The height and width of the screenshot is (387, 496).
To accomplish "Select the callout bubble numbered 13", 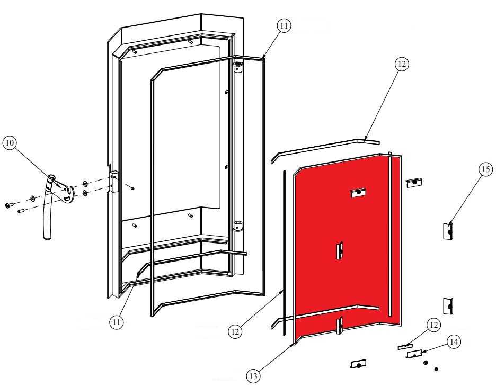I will pyautogui.click(x=253, y=375).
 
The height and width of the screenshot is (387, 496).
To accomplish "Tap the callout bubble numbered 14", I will pyautogui.click(x=453, y=341).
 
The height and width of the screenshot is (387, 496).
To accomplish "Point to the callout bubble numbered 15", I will pyautogui.click(x=485, y=169).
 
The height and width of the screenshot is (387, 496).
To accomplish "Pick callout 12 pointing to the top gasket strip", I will pyautogui.click(x=401, y=64).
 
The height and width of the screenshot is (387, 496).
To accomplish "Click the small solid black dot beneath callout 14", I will pyautogui.click(x=436, y=368).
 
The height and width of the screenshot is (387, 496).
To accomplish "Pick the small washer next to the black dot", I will pyautogui.click(x=426, y=362).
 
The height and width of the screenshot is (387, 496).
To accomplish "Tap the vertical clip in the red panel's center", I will pyautogui.click(x=340, y=250).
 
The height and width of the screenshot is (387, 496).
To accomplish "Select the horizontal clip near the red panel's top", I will pyautogui.click(x=359, y=193).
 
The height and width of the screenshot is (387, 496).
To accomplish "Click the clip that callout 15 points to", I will pyautogui.click(x=448, y=231).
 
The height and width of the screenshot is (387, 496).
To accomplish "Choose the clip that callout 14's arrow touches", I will pyautogui.click(x=414, y=353).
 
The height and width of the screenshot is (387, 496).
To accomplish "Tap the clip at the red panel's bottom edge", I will pyautogui.click(x=340, y=324).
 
